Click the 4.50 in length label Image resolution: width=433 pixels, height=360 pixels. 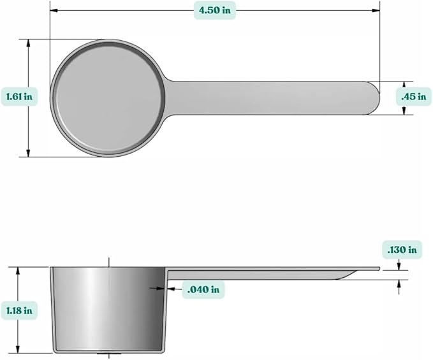tap(214, 10)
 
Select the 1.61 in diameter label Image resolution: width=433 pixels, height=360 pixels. tap(18, 97)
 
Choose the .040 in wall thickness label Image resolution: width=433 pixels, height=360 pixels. tap(203, 289)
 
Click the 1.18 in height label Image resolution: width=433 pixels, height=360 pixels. tap(18, 310)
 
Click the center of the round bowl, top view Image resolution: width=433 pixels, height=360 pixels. tap(109, 97)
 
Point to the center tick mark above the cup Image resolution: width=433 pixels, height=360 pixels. tap(109, 262)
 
